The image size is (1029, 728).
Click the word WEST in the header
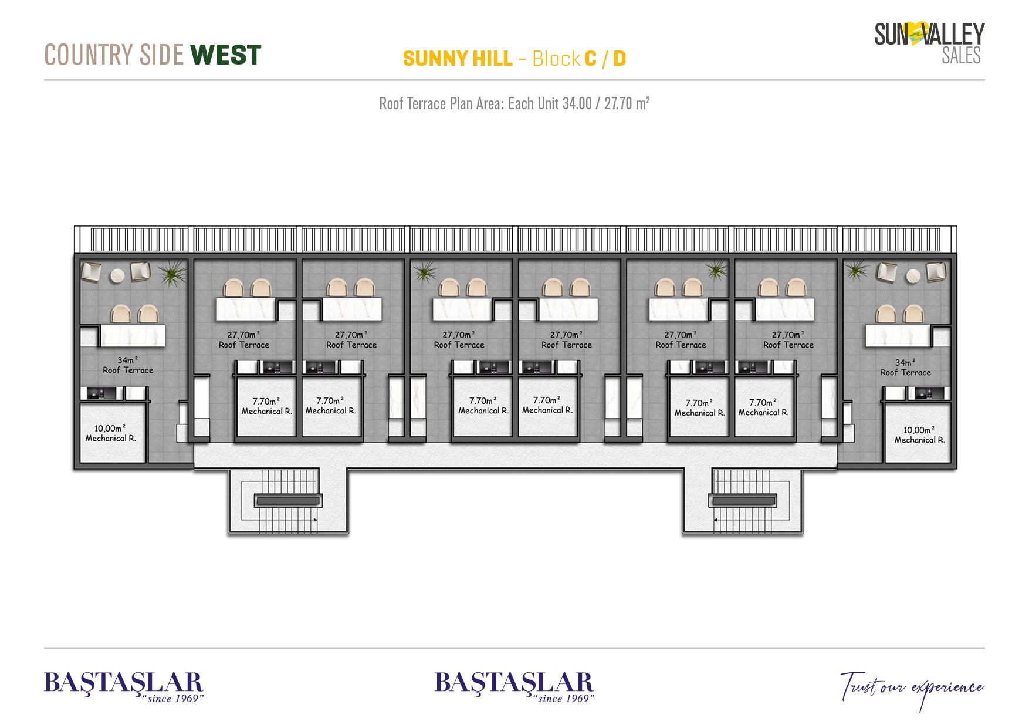[x=226, y=55]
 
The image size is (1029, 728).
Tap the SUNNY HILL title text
[x=458, y=59]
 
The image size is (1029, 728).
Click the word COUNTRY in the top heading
[x=82, y=55]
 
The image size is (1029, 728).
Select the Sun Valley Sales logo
[x=929, y=42]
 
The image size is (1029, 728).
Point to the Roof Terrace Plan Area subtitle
[x=514, y=104]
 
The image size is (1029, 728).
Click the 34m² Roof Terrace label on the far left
[x=128, y=365]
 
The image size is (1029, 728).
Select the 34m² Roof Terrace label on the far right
[x=905, y=368]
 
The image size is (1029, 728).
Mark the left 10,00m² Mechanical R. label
[x=111, y=433]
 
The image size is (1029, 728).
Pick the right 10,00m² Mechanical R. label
[x=919, y=435]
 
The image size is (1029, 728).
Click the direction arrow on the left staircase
[x=315, y=520]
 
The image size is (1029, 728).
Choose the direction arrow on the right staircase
[x=717, y=520]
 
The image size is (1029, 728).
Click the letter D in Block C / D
[x=620, y=59]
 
